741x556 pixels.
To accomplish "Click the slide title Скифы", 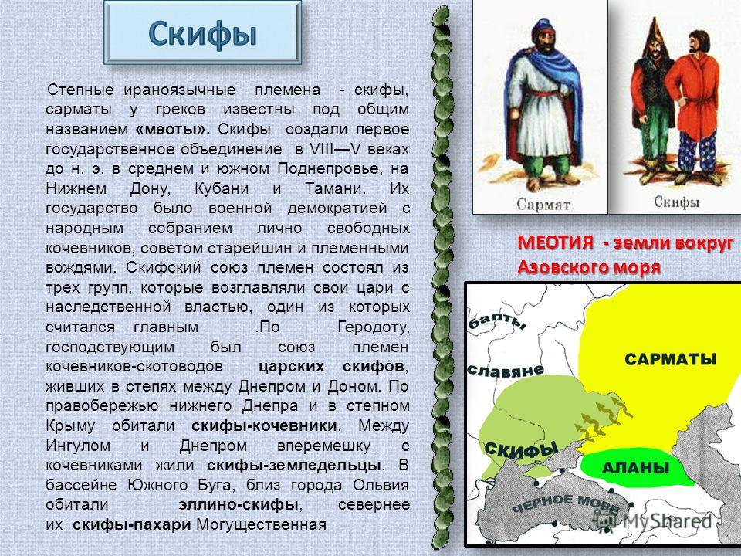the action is pyautogui.click(x=203, y=34).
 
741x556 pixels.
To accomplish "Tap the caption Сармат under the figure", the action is pyautogui.click(x=543, y=205).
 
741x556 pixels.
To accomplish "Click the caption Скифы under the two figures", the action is pyautogui.click(x=677, y=202).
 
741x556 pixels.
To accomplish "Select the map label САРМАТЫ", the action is pyautogui.click(x=671, y=359).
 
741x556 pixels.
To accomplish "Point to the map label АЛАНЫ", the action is pyautogui.click(x=635, y=468).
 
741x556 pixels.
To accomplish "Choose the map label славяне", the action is pyautogui.click(x=505, y=370).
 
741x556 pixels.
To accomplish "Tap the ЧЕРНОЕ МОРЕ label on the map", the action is pyautogui.click(x=566, y=505).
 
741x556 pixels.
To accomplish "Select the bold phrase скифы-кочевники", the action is pyautogui.click(x=264, y=425).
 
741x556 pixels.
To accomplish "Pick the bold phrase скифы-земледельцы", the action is pyautogui.click(x=294, y=465).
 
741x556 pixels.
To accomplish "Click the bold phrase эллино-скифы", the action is pyautogui.click(x=239, y=504).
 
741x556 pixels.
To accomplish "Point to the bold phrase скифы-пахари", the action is pyautogui.click(x=132, y=524).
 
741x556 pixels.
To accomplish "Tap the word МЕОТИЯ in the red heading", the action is pyautogui.click(x=555, y=242).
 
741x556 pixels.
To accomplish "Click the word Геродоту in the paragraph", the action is pyautogui.click(x=374, y=327).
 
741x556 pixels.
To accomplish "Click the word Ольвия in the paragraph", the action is pyautogui.click(x=381, y=485).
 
